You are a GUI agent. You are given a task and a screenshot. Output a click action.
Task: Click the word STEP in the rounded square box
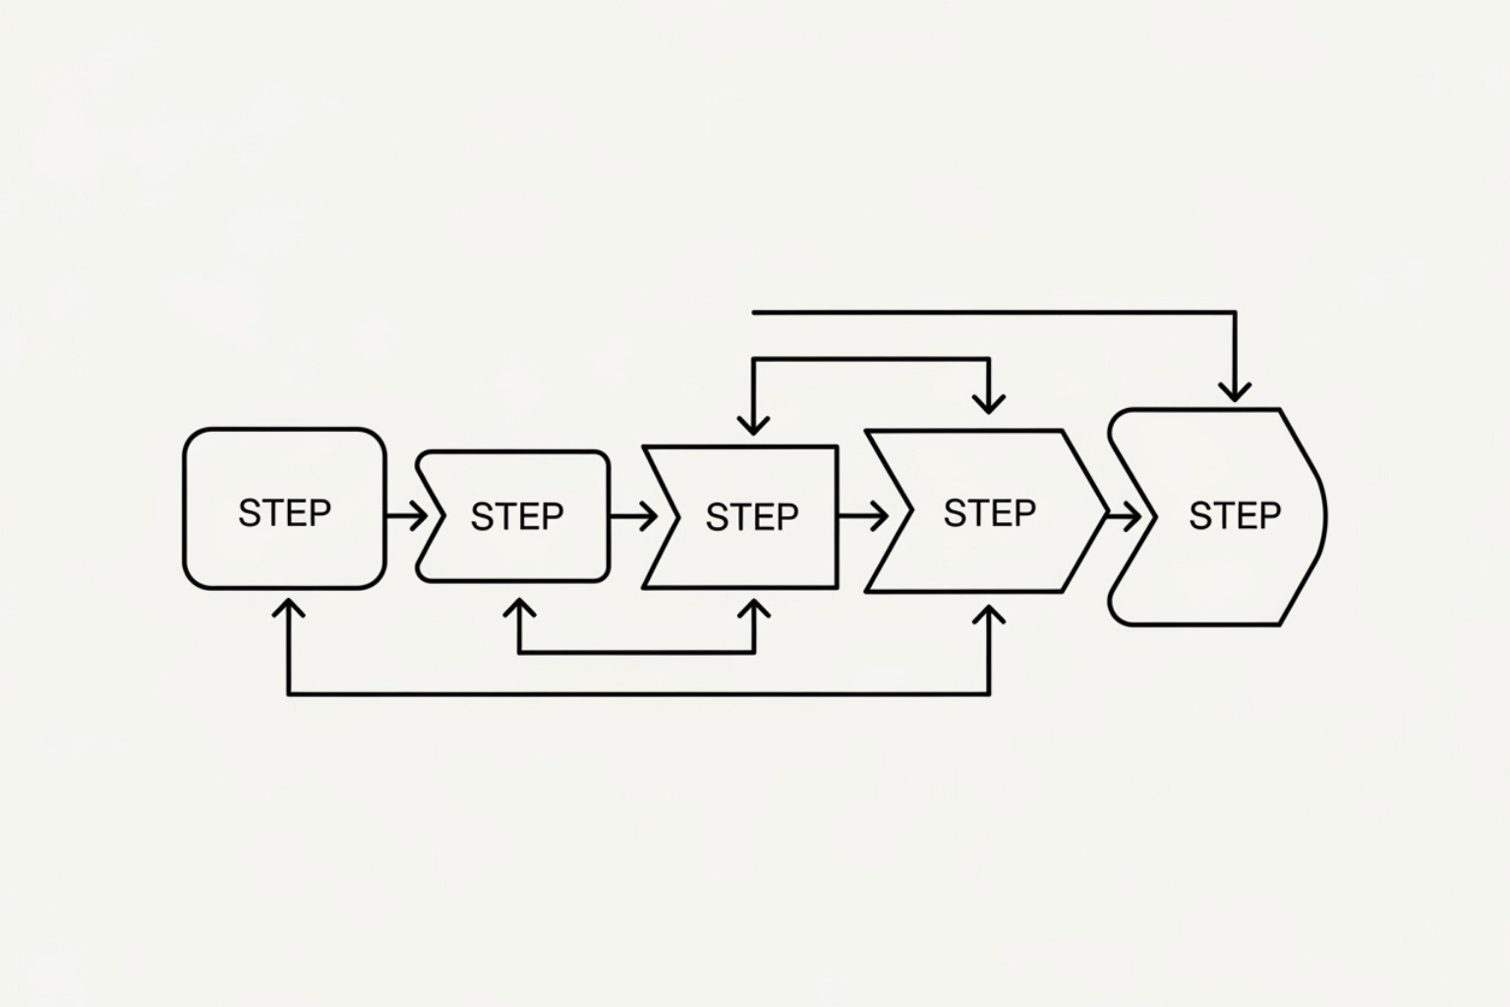(284, 512)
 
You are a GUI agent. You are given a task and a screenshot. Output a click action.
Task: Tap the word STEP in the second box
(517, 516)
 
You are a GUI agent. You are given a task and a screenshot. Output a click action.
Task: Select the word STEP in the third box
(752, 517)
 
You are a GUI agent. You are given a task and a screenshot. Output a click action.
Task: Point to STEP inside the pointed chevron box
(989, 512)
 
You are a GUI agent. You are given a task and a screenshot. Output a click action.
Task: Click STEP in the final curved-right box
(1235, 515)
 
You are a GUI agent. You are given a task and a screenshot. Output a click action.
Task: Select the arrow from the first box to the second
(407, 514)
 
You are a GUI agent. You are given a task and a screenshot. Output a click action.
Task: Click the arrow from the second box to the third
(634, 515)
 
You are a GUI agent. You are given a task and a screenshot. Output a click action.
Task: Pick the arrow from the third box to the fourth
(862, 515)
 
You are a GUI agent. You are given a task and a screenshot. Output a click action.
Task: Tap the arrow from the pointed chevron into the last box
(1124, 514)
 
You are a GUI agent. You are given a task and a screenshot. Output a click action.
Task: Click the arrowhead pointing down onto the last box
(1235, 390)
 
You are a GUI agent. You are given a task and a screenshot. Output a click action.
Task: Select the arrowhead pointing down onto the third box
(754, 424)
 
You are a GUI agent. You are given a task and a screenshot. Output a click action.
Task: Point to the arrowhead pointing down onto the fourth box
(989, 401)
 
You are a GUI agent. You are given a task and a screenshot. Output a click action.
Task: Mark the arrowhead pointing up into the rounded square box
(287, 607)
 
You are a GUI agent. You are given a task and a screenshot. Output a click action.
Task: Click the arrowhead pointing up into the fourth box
(989, 616)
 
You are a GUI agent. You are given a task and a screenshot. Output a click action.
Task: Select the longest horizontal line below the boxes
(639, 694)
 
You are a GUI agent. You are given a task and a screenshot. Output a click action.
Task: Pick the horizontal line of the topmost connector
(993, 313)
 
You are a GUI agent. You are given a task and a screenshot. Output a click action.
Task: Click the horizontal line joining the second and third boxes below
(637, 651)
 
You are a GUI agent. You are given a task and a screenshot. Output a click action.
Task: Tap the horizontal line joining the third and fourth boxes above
(871, 360)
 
